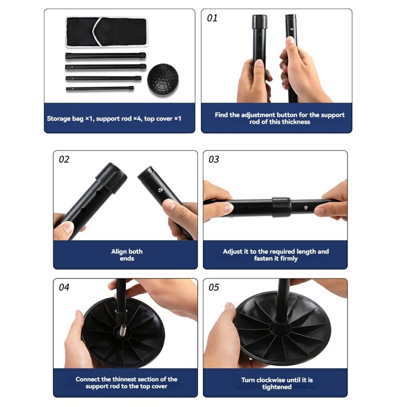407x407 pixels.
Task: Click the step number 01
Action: coord(212,18)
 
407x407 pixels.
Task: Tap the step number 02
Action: coord(64,159)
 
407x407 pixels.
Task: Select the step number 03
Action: coord(214,159)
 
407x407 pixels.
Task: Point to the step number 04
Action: coord(64,287)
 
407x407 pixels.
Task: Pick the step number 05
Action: coord(214,287)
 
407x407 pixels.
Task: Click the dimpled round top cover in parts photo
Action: coord(163,80)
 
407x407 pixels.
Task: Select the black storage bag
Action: coord(107,32)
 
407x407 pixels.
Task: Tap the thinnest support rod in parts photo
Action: coord(100,89)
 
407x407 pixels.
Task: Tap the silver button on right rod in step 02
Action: coord(160,190)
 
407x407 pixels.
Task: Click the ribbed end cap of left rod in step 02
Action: coord(111,177)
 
